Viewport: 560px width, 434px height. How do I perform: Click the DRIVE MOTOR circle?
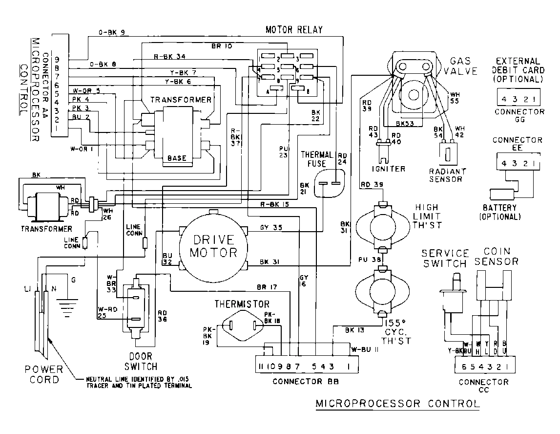213,246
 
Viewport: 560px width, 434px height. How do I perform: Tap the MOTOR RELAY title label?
294,30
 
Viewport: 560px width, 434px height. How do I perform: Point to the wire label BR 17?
267,286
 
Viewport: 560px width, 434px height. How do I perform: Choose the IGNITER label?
389,169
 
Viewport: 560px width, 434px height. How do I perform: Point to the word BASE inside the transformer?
176,158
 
